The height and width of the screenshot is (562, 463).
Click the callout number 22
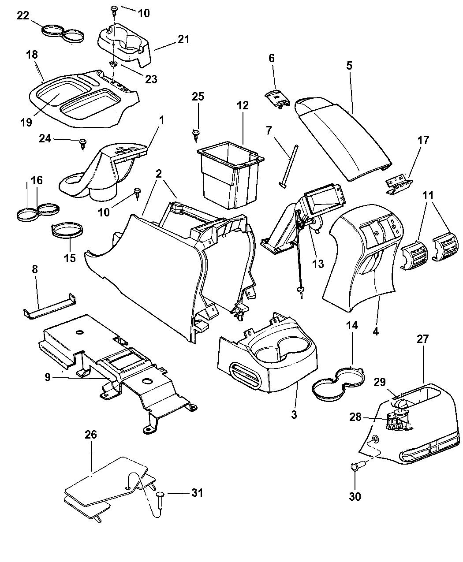coord(23,16)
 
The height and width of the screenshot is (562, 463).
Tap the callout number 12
coord(242,105)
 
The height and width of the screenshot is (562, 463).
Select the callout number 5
coord(349,66)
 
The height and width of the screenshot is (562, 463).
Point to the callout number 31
coord(197,492)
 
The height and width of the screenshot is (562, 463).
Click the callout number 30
coord(355,496)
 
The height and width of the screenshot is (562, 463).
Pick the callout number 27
coord(423,339)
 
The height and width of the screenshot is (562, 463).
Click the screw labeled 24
coord(82,142)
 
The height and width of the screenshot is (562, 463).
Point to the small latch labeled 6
coord(276,97)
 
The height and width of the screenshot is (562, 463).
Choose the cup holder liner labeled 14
coord(337,383)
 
